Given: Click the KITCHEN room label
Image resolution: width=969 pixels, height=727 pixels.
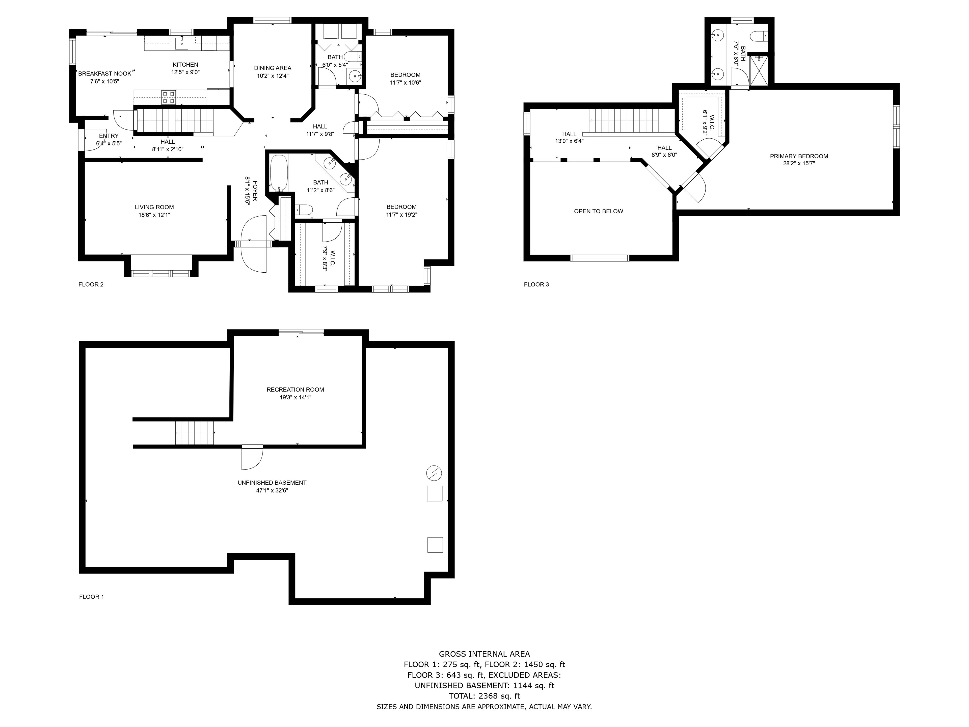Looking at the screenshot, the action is coord(185,64).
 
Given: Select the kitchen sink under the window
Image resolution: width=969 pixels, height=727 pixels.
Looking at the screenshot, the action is coord(181,43).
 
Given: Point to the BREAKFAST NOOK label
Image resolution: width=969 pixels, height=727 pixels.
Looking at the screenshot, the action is coord(105,74).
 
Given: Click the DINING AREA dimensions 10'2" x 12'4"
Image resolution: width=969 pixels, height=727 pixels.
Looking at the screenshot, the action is coord(273,76).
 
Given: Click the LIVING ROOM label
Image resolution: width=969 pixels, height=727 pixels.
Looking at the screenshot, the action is coord(154,207).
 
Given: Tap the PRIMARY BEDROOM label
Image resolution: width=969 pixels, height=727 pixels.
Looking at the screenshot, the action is coord(799,156).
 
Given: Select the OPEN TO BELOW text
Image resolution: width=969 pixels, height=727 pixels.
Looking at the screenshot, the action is coord(598,211).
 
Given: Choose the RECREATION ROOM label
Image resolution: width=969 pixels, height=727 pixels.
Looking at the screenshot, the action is coord(295,390).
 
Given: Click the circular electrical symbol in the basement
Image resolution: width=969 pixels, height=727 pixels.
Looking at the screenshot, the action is coord(434,473).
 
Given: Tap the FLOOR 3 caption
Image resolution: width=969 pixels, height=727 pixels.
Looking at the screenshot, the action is coord(536,284).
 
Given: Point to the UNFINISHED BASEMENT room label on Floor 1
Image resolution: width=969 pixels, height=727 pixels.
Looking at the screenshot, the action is coord(272,482).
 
